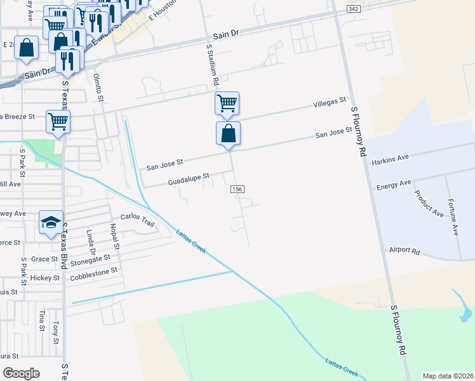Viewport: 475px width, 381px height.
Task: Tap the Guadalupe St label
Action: (189, 180)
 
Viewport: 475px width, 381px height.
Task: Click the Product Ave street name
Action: (429, 204)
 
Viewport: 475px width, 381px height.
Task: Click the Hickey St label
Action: (48, 278)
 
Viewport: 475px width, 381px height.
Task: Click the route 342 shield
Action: (354, 8)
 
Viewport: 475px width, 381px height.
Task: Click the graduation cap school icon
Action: (51, 222)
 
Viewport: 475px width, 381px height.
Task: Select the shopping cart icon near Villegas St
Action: (227, 102)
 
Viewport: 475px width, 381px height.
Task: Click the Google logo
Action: (21, 373)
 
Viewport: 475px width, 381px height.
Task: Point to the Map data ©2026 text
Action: (448, 375)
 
